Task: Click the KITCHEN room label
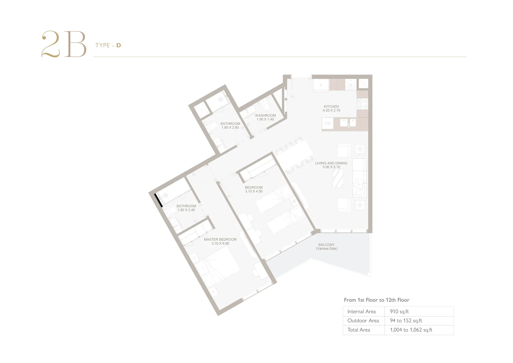[331, 106]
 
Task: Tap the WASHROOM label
[265, 116]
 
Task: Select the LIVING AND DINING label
[331, 163]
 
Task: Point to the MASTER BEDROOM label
[220, 240]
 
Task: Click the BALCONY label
[327, 245]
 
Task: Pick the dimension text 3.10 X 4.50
[254, 192]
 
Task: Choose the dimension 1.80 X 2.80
[230, 128]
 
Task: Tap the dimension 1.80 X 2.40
[186, 210]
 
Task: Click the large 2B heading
[64, 44]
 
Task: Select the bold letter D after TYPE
[119, 45]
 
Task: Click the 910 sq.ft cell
[399, 312]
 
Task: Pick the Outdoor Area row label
[363, 321]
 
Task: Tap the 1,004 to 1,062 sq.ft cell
[411, 330]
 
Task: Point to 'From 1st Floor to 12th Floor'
[376, 300]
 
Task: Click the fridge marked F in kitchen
[321, 85]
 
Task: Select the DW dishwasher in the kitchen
[328, 124]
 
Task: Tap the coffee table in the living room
[338, 178]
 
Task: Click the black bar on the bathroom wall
[158, 200]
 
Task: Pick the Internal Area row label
[362, 312]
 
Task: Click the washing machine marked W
[351, 85]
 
